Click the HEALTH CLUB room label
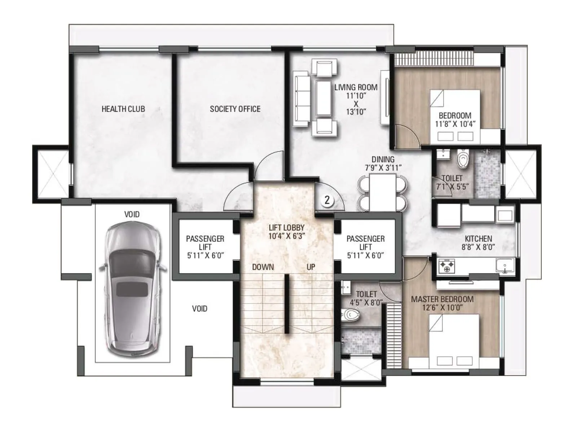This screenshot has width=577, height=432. [x=123, y=109]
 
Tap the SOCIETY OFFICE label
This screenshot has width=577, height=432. [x=235, y=109]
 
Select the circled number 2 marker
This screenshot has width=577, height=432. [x=327, y=200]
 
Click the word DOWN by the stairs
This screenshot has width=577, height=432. [x=263, y=267]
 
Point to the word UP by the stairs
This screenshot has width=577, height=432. [x=311, y=267]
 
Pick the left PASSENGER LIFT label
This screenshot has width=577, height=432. [x=205, y=243]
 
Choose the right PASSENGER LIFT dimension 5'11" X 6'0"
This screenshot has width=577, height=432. [x=365, y=256]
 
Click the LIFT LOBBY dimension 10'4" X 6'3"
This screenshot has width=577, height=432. [x=287, y=236]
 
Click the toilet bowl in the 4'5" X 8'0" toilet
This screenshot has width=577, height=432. [x=351, y=315]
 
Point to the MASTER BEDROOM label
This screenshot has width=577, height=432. [x=442, y=299]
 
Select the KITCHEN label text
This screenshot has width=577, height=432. [x=478, y=239]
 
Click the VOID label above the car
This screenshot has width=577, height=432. [x=132, y=215]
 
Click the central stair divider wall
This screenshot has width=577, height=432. [x=287, y=303]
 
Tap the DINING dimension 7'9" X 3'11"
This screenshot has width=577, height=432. [x=383, y=168]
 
